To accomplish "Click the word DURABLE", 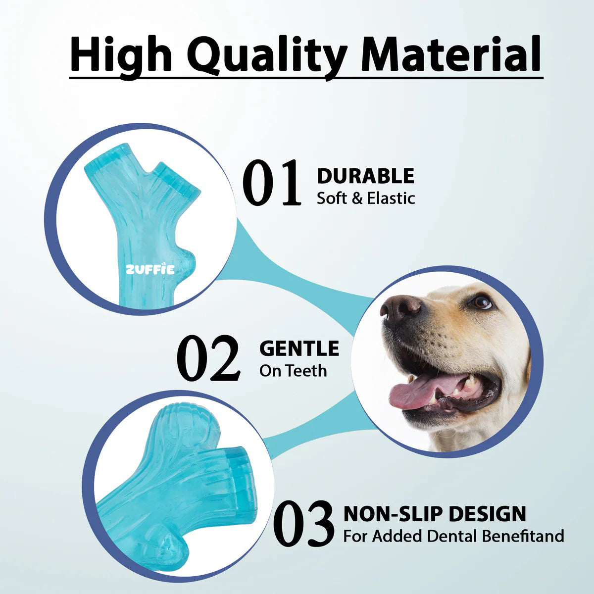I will point(365,176).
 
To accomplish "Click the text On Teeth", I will point(293,371).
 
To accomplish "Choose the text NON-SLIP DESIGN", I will point(435,514).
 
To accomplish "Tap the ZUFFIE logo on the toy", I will point(149,270).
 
